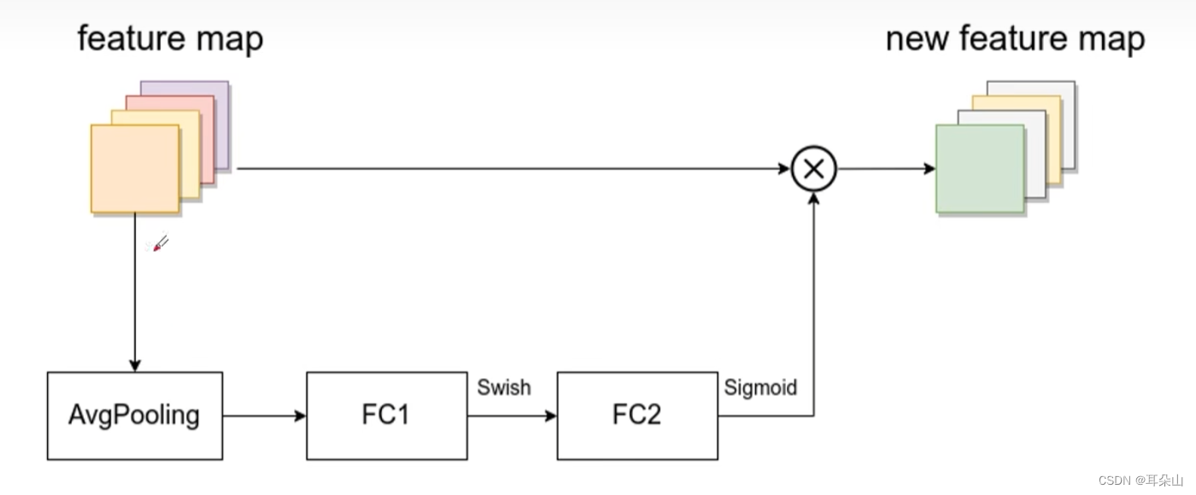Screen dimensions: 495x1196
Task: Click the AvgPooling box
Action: pyautogui.click(x=134, y=416)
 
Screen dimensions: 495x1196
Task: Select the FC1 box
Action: pyautogui.click(x=386, y=416)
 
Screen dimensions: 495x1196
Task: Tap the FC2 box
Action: pyautogui.click(x=636, y=416)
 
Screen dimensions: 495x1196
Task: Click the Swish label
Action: pyautogui.click(x=503, y=387)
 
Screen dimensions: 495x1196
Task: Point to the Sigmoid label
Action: pyautogui.click(x=760, y=387)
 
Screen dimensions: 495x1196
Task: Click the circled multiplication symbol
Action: pyautogui.click(x=813, y=169)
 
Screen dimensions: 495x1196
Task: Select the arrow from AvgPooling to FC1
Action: pyautogui.click(x=264, y=416)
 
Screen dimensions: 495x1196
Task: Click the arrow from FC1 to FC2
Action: pyautogui.click(x=512, y=416)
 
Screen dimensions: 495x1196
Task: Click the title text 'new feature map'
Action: pyautogui.click(x=1015, y=39)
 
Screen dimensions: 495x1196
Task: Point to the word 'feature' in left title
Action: pyautogui.click(x=131, y=39)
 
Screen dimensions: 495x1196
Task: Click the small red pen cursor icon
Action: pyautogui.click(x=161, y=244)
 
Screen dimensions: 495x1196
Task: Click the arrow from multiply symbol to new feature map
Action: pyautogui.click(x=886, y=169)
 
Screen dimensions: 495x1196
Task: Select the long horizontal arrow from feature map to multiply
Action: pyautogui.click(x=513, y=169)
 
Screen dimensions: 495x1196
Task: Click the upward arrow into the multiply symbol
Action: pyautogui.click(x=813, y=299)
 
